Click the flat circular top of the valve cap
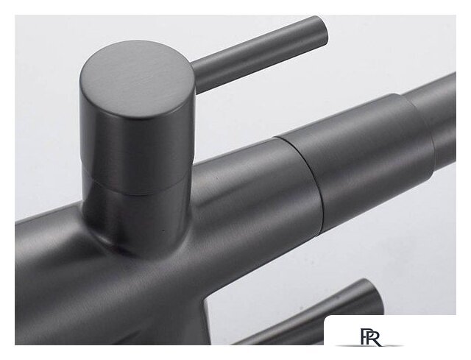[135, 80]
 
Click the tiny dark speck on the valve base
[163, 230]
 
